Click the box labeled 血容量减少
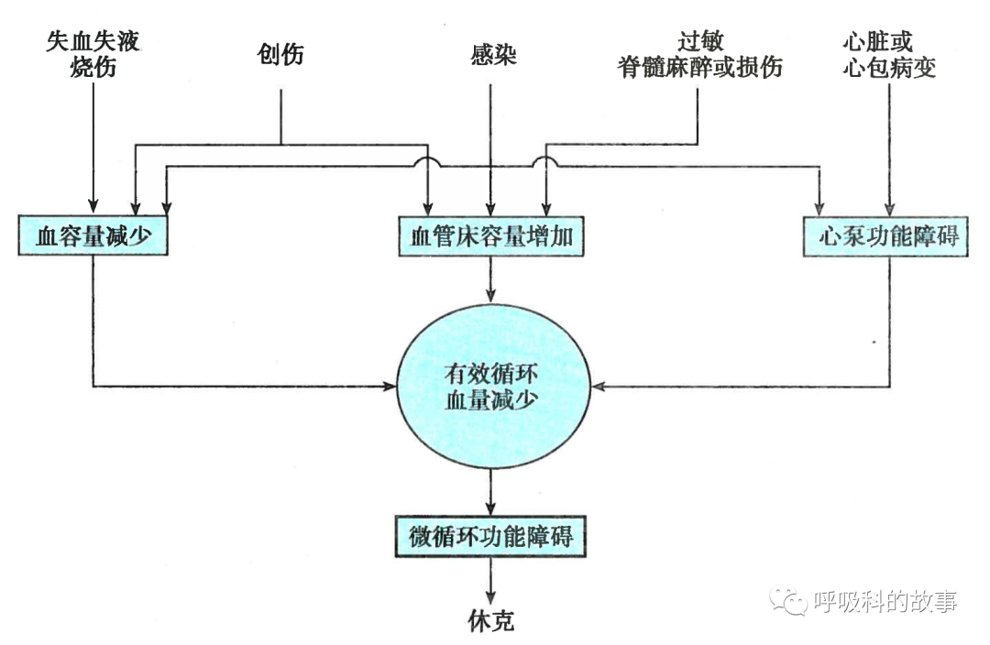93,236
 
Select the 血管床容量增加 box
491,236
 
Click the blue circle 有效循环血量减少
491,388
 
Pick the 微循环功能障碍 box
491,536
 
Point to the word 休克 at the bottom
491,622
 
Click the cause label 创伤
280,55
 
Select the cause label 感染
491,55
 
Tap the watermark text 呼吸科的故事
885,601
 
